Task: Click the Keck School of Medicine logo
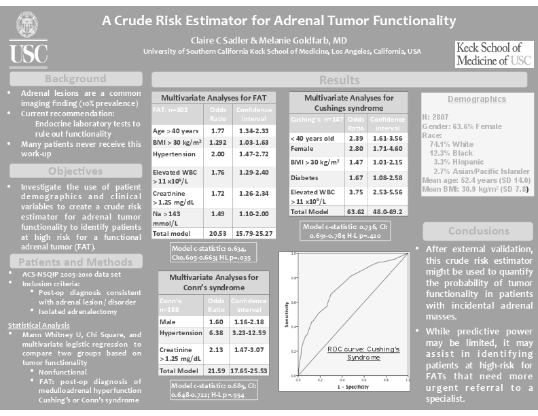[x=493, y=54]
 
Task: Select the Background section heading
[x=75, y=78]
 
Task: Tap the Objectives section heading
[x=75, y=170]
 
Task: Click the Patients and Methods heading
[x=75, y=262]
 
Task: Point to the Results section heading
[x=339, y=80]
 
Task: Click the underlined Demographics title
[x=476, y=99]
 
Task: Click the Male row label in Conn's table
[x=168, y=321]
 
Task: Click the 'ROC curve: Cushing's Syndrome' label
[x=355, y=353]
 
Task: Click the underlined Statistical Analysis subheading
[x=38, y=326]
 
